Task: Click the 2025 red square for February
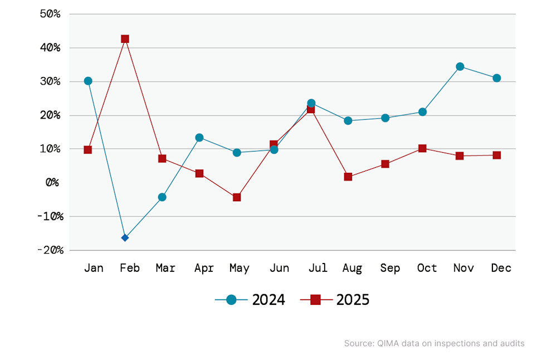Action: pyautogui.click(x=125, y=39)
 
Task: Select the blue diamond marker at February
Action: pyautogui.click(x=125, y=237)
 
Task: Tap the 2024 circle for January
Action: pyautogui.click(x=88, y=81)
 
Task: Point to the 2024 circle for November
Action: pyautogui.click(x=460, y=66)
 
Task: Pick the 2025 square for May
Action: pyautogui.click(x=237, y=197)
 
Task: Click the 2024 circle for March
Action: pyautogui.click(x=162, y=197)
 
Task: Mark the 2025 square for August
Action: pyautogui.click(x=348, y=177)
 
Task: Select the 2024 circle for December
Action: pyautogui.click(x=497, y=78)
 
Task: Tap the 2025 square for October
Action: pyautogui.click(x=422, y=148)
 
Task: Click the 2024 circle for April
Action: pyautogui.click(x=199, y=138)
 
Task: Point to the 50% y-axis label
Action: pyautogui.click(x=50, y=14)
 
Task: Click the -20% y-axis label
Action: pyautogui.click(x=51, y=250)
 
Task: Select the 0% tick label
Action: pyautogui.click(x=52, y=182)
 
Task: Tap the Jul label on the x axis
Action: pyautogui.click(x=318, y=267)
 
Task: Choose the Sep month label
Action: pyautogui.click(x=390, y=268)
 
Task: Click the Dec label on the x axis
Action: pyautogui.click(x=501, y=267)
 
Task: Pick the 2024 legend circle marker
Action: pyautogui.click(x=231, y=300)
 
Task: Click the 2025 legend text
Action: pyautogui.click(x=353, y=300)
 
